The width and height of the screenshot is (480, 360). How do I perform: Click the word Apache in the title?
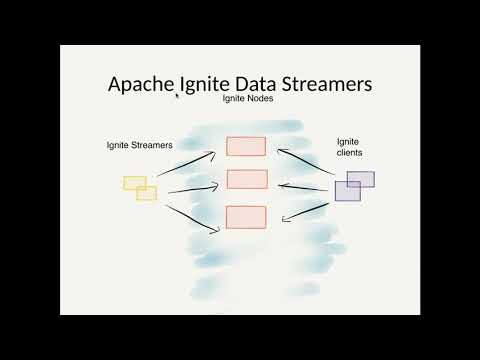(141, 84)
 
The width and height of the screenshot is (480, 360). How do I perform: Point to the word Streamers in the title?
(329, 84)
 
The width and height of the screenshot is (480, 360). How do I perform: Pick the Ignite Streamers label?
(139, 146)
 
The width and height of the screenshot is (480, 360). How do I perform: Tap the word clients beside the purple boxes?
(350, 154)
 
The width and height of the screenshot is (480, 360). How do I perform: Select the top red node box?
(246, 146)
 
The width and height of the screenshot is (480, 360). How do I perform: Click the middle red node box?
(247, 180)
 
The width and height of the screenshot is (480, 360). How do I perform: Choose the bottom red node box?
(246, 216)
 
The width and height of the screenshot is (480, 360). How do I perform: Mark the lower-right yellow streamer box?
(147, 193)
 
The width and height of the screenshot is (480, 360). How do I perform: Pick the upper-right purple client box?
(361, 179)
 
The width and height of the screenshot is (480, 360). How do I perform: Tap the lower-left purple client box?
(347, 191)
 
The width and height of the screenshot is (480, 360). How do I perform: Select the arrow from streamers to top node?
(189, 165)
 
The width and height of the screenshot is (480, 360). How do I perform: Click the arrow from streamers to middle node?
(192, 188)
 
